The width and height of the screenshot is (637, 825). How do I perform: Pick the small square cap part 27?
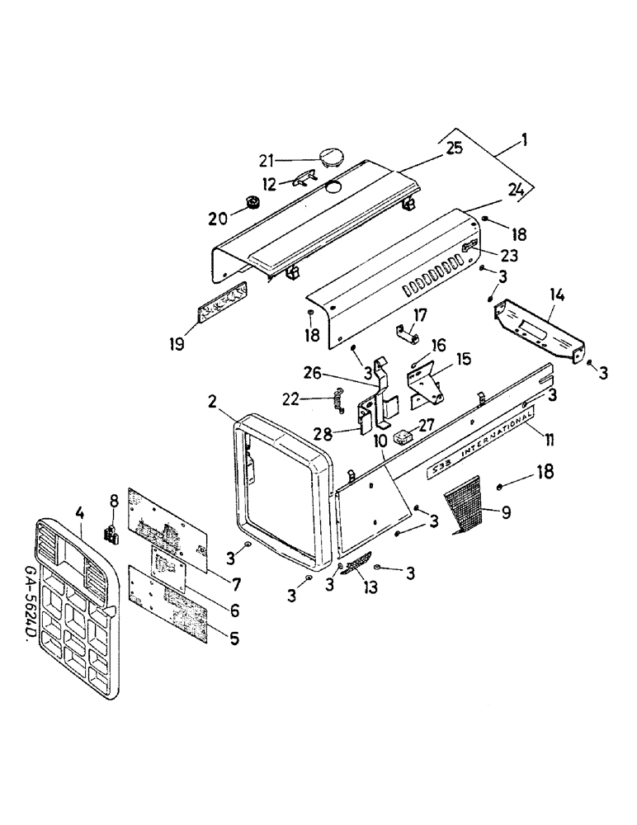tap(402, 436)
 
